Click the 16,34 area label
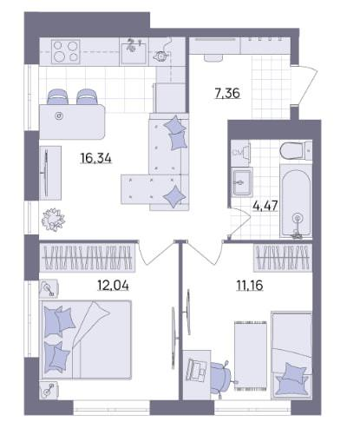coord(95,158)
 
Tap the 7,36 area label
coord(227,93)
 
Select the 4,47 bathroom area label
coord(265,206)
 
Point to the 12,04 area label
coord(113,286)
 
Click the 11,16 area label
coord(250,286)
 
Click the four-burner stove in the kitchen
coord(66,51)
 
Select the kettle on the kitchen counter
coord(160,55)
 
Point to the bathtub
coord(296,201)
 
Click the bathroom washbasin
coord(242,182)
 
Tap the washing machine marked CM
coord(240,153)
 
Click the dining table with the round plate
coord(72,122)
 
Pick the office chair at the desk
coord(221,376)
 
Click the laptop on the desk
coord(197,368)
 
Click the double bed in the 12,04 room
coord(87,339)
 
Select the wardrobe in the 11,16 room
coord(283,258)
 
